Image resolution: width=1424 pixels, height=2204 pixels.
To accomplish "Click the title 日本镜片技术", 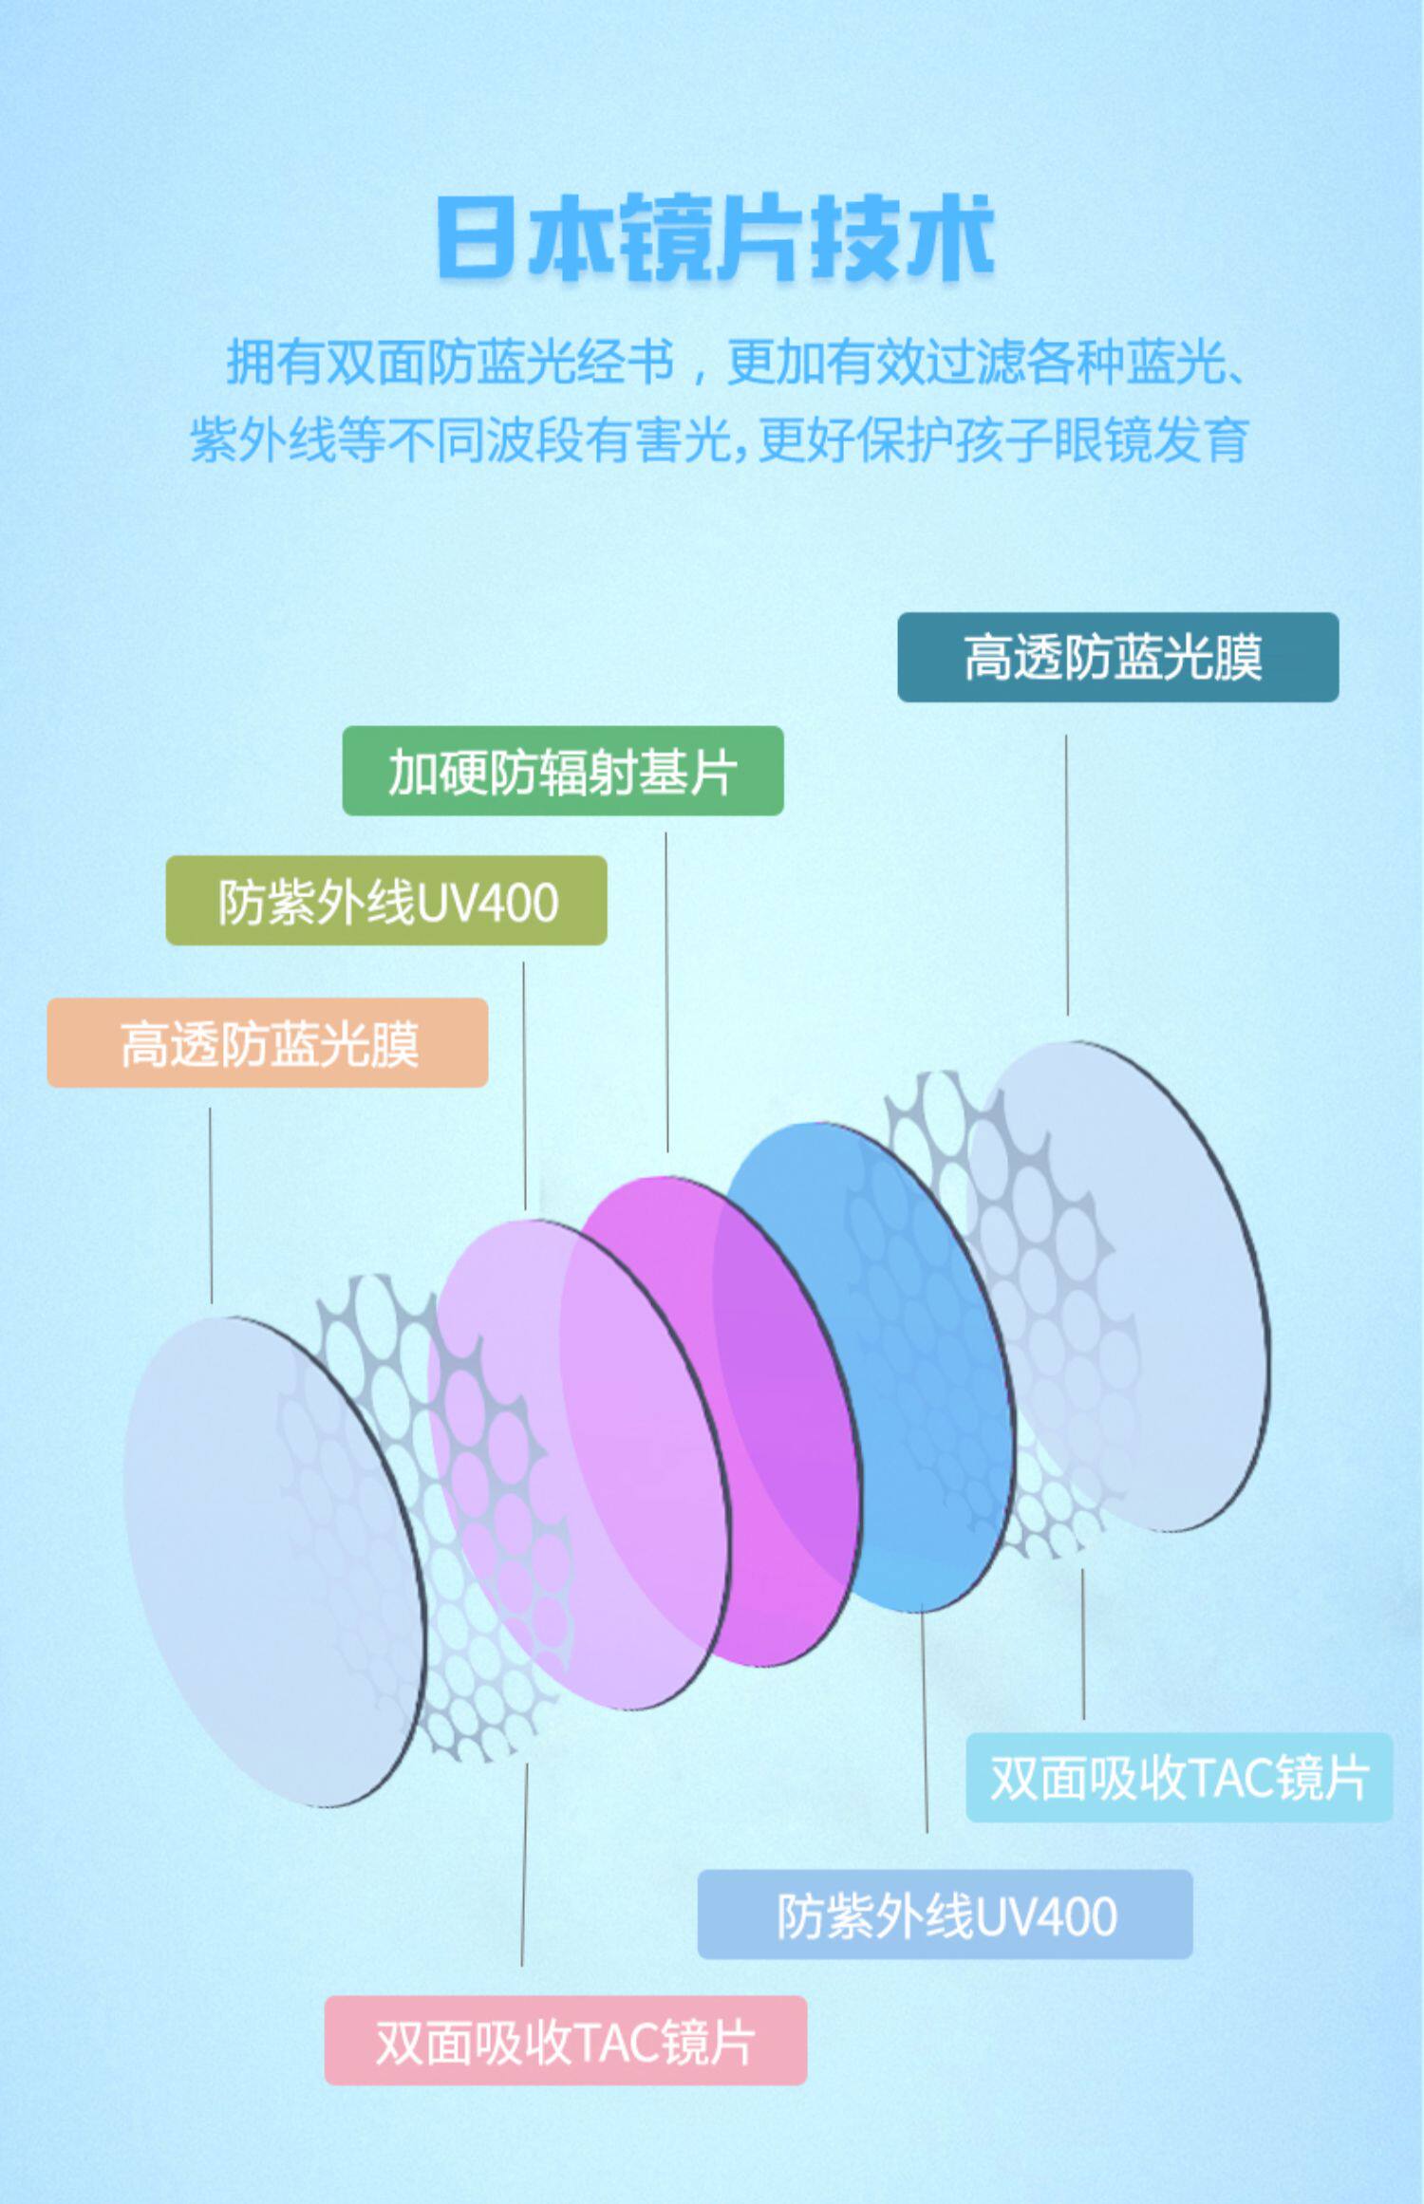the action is (x=714, y=238).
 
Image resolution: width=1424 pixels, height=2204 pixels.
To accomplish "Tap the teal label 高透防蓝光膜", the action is (x=1117, y=658).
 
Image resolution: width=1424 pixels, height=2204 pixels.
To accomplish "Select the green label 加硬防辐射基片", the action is (x=562, y=772).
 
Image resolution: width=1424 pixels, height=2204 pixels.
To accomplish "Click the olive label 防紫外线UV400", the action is (x=386, y=901).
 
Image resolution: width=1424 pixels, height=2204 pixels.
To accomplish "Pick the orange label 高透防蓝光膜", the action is (x=268, y=1043).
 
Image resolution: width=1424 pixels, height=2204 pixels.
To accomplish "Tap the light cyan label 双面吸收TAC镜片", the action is (x=1179, y=1778).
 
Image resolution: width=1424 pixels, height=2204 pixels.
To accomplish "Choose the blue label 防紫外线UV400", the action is (x=945, y=1914).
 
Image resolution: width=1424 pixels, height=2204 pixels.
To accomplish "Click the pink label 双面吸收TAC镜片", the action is (x=565, y=2041).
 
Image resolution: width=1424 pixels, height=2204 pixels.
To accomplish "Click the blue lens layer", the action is (x=911, y=1329).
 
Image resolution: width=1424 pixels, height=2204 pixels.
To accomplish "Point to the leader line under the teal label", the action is (x=1066, y=873).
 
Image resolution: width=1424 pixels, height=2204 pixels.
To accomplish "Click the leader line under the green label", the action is (x=666, y=992).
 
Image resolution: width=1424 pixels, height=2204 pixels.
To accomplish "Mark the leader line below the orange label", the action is (x=211, y=1205).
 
